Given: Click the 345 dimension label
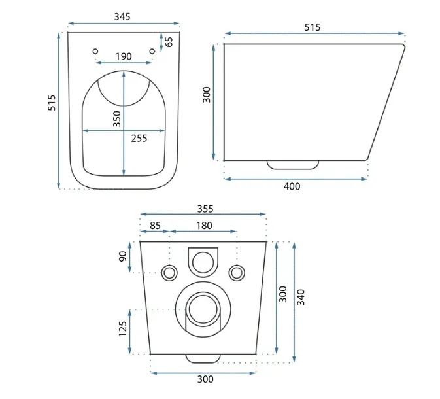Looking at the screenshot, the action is pyautogui.click(x=122, y=17).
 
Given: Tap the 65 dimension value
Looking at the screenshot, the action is pyautogui.click(x=169, y=42).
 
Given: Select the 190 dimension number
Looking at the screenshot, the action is pyautogui.click(x=124, y=56).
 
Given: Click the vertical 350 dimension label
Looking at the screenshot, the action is pyautogui.click(x=117, y=118).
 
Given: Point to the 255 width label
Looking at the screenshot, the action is pyautogui.click(x=139, y=138).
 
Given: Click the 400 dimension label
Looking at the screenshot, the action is pyautogui.click(x=292, y=186).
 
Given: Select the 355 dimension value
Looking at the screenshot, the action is pyautogui.click(x=205, y=209).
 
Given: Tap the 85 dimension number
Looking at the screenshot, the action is pyautogui.click(x=155, y=226).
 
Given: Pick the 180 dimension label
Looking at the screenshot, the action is pyautogui.click(x=204, y=226).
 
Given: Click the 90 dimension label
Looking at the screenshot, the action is pyautogui.click(x=123, y=256).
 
